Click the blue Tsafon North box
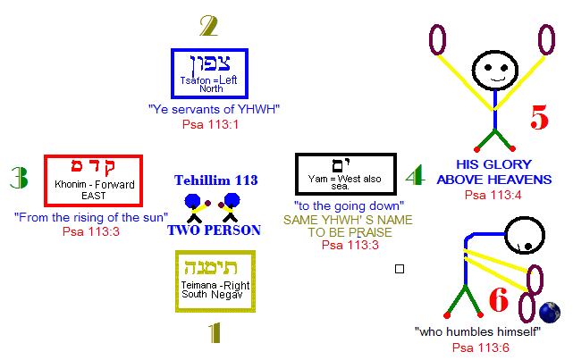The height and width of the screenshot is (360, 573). (209, 73)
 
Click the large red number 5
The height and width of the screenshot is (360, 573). (538, 118)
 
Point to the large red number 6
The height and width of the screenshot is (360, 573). (498, 300)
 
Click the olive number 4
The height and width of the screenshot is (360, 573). (413, 176)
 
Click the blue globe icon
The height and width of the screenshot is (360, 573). (551, 312)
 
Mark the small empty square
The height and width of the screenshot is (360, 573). (400, 268)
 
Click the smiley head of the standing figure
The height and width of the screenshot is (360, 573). (493, 69)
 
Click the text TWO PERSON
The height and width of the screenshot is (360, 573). (214, 230)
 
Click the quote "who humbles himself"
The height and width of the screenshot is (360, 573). (478, 332)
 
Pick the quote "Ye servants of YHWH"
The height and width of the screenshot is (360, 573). (214, 109)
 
